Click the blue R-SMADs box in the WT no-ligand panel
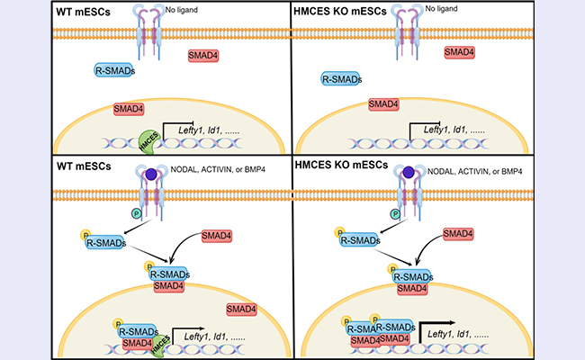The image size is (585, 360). coord(115,69)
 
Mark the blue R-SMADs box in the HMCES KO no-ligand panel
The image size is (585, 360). coord(341,80)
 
